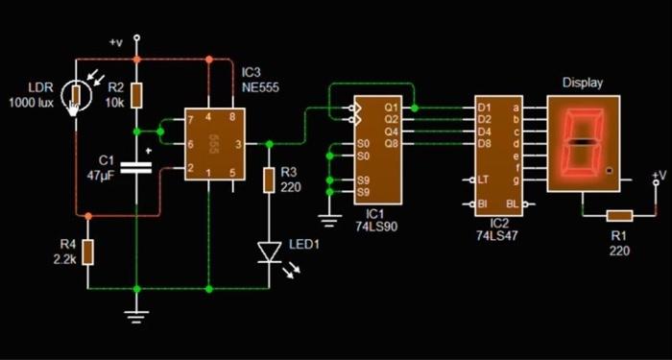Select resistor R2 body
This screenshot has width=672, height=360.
(x=136, y=96)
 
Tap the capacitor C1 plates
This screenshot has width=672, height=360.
(x=136, y=168)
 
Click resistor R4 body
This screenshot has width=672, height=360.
(x=88, y=252)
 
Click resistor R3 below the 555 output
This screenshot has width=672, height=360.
(x=269, y=180)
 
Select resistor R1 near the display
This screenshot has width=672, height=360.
(x=620, y=216)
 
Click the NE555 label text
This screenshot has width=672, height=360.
(x=260, y=88)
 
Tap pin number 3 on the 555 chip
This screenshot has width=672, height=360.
(x=238, y=144)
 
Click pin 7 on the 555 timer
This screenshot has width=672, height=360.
(x=190, y=120)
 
